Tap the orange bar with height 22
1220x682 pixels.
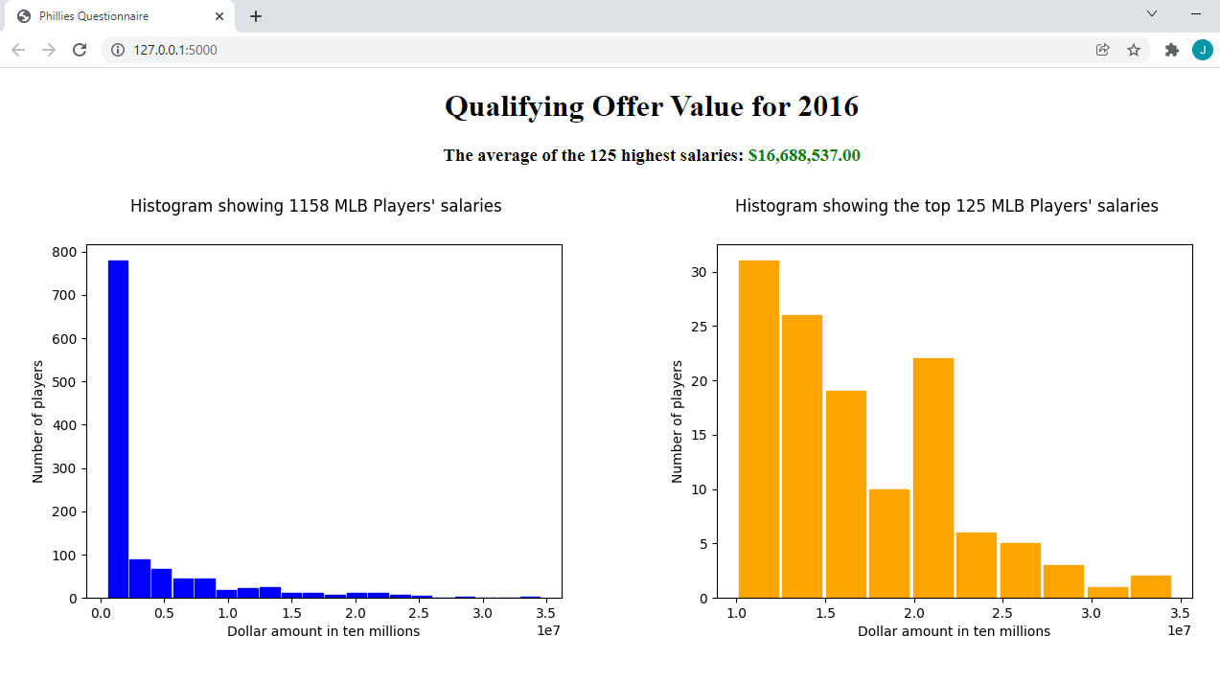coord(933,478)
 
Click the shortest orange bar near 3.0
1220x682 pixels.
coord(1108,593)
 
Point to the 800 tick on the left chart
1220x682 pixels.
coord(64,252)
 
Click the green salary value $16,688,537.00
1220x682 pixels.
coord(804,155)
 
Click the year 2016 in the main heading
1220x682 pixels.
coord(828,106)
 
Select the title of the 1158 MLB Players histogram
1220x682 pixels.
coord(316,206)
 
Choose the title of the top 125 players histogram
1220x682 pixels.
coord(947,206)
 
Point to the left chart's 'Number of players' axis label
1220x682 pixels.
coord(38,421)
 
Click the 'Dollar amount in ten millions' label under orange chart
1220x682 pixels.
coord(954,631)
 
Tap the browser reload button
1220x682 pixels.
coord(80,50)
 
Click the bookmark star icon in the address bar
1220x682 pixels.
coord(1134,50)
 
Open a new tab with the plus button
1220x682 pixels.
coord(256,16)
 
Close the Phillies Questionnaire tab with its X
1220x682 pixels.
coord(219,16)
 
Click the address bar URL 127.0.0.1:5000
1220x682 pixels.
coord(175,50)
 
